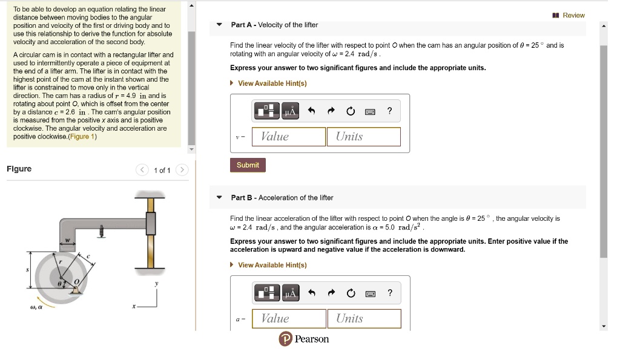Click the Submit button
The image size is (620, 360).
(248, 165)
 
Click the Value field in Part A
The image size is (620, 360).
(289, 137)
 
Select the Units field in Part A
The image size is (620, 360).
(363, 137)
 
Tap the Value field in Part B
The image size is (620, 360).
(289, 319)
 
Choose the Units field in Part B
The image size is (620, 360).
(364, 319)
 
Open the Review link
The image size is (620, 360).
(569, 15)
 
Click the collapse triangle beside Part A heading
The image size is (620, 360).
(219, 25)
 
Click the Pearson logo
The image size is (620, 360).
(304, 339)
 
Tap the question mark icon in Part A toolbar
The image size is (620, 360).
(390, 111)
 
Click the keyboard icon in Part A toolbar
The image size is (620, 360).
(369, 111)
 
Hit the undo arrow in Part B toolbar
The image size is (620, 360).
(312, 294)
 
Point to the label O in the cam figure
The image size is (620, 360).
(76, 283)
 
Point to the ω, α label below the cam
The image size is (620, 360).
(36, 307)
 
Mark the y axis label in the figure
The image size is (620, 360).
(156, 284)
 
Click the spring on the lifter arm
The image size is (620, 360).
(102, 232)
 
